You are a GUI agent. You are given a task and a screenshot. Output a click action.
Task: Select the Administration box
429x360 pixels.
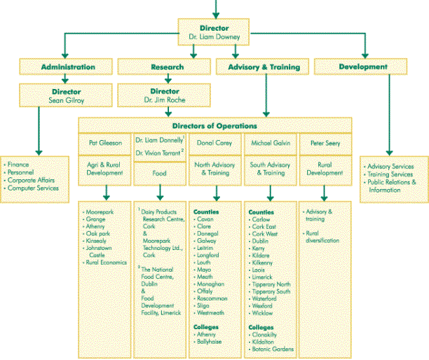pos(67,67)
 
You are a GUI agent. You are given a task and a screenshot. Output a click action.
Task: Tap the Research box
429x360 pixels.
pos(167,67)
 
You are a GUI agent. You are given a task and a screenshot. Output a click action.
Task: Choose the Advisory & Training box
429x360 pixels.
pos(264,67)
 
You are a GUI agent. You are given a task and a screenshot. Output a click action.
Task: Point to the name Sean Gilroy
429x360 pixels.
pos(67,99)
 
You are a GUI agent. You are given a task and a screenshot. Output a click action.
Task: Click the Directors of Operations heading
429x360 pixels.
pos(214,125)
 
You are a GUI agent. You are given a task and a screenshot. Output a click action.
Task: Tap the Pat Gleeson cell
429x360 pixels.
pos(105,142)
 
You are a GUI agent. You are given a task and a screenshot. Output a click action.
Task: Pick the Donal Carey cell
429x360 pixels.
pos(214,142)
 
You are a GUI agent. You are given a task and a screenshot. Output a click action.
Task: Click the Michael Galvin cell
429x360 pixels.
pos(271,142)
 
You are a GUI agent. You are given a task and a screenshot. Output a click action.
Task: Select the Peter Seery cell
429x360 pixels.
pos(324,142)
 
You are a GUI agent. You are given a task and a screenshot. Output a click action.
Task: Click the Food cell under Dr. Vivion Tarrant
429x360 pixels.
pos(160,172)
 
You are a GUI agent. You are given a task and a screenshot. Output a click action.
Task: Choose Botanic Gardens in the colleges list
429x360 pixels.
pos(274,349)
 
